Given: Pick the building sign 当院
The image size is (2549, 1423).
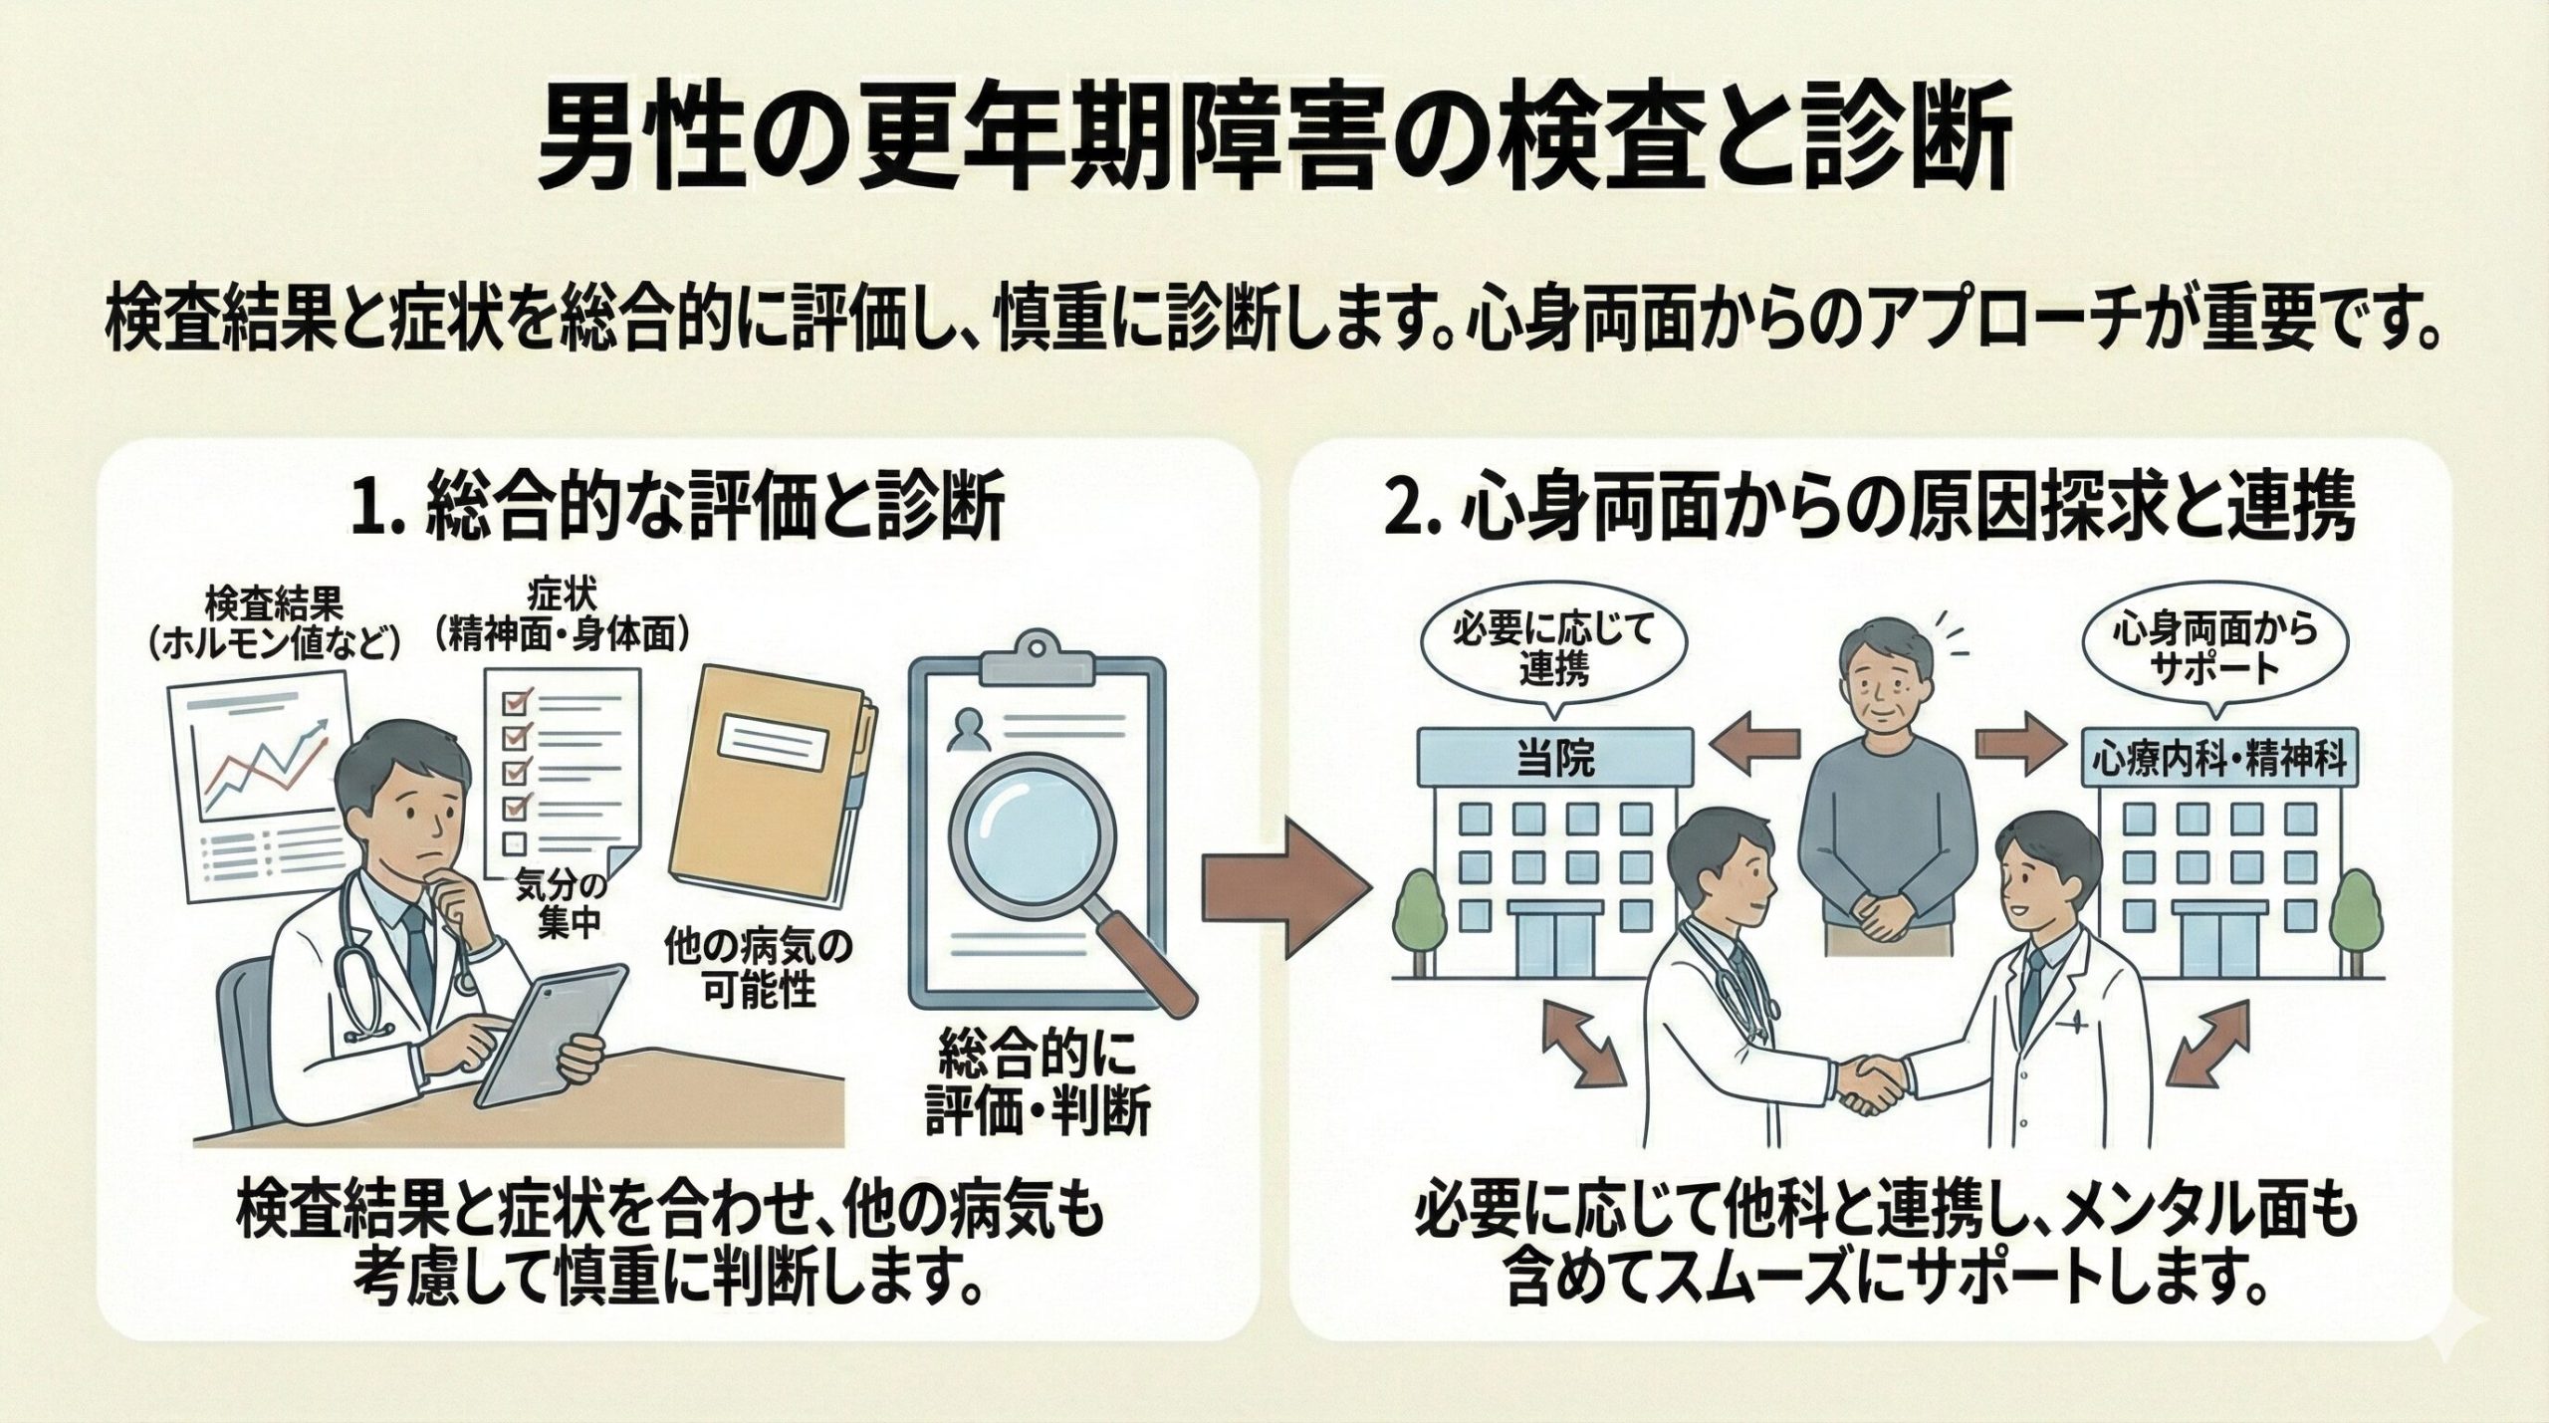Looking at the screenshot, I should point(1554,761).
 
